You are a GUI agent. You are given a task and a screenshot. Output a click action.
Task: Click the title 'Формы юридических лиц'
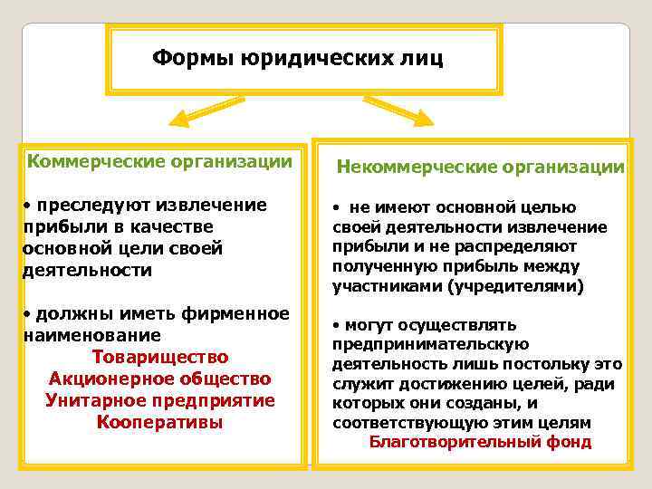(298, 60)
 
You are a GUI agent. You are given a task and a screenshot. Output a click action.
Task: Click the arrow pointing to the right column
(402, 111)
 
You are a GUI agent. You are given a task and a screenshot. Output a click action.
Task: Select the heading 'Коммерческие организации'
(160, 162)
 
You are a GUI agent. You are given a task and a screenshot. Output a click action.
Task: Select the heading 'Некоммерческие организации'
(480, 168)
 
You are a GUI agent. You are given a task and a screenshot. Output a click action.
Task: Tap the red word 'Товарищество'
(160, 357)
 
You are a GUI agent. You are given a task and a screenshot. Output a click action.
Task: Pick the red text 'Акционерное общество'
(160, 379)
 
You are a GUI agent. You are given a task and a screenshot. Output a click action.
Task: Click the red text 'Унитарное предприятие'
(160, 400)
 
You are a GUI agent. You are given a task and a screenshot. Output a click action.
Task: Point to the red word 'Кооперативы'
(160, 422)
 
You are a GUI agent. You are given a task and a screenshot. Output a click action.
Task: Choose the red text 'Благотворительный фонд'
(480, 442)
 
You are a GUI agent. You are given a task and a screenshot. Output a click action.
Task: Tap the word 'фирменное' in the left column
(244, 313)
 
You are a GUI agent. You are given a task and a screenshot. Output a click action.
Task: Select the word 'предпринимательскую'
(430, 344)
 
